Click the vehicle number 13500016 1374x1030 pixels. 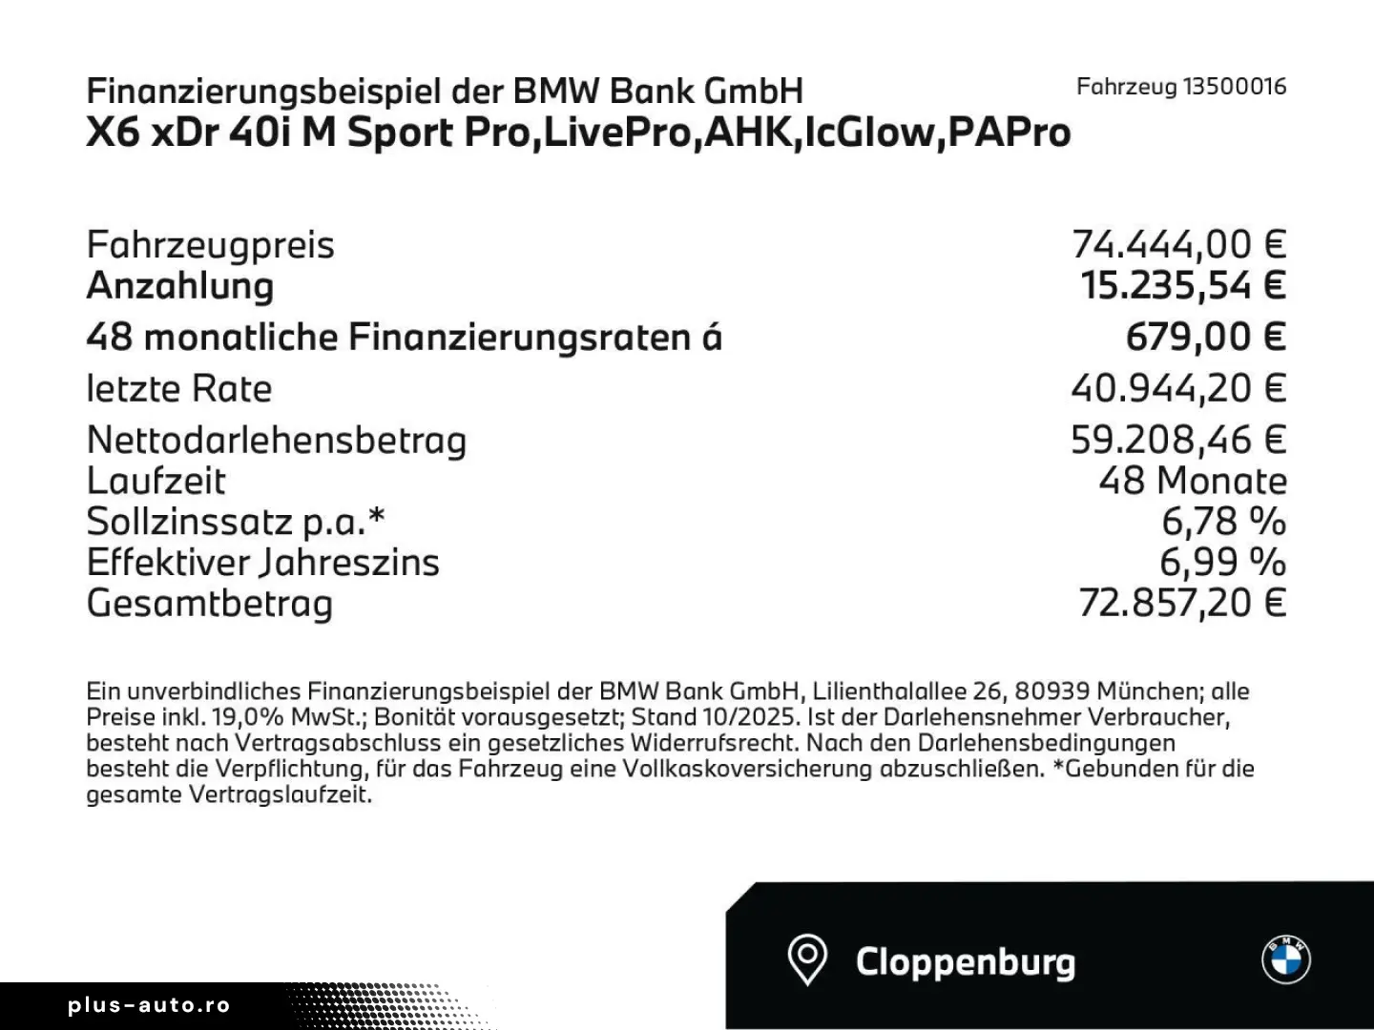(1234, 87)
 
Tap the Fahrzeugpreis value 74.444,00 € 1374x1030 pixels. (1178, 245)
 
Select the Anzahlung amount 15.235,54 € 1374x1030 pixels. (1183, 286)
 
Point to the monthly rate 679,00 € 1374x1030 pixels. (1205, 337)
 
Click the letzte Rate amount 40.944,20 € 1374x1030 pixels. (1178, 388)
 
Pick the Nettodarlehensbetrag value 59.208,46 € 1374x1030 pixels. (1178, 440)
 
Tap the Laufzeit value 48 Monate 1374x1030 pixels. (1192, 481)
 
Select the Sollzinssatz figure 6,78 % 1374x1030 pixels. (1223, 522)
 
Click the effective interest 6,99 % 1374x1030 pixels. (1222, 563)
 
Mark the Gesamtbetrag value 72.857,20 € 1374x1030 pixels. (1182, 604)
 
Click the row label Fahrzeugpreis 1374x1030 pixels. (210, 245)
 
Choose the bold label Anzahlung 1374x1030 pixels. (180, 286)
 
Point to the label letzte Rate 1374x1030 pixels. (178, 388)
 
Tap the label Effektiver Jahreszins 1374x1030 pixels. (262, 563)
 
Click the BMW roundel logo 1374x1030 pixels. (1286, 958)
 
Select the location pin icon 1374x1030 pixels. (806, 959)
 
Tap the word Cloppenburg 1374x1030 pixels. (965, 961)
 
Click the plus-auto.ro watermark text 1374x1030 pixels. (149, 1005)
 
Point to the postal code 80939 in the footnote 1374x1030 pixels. (1051, 691)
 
